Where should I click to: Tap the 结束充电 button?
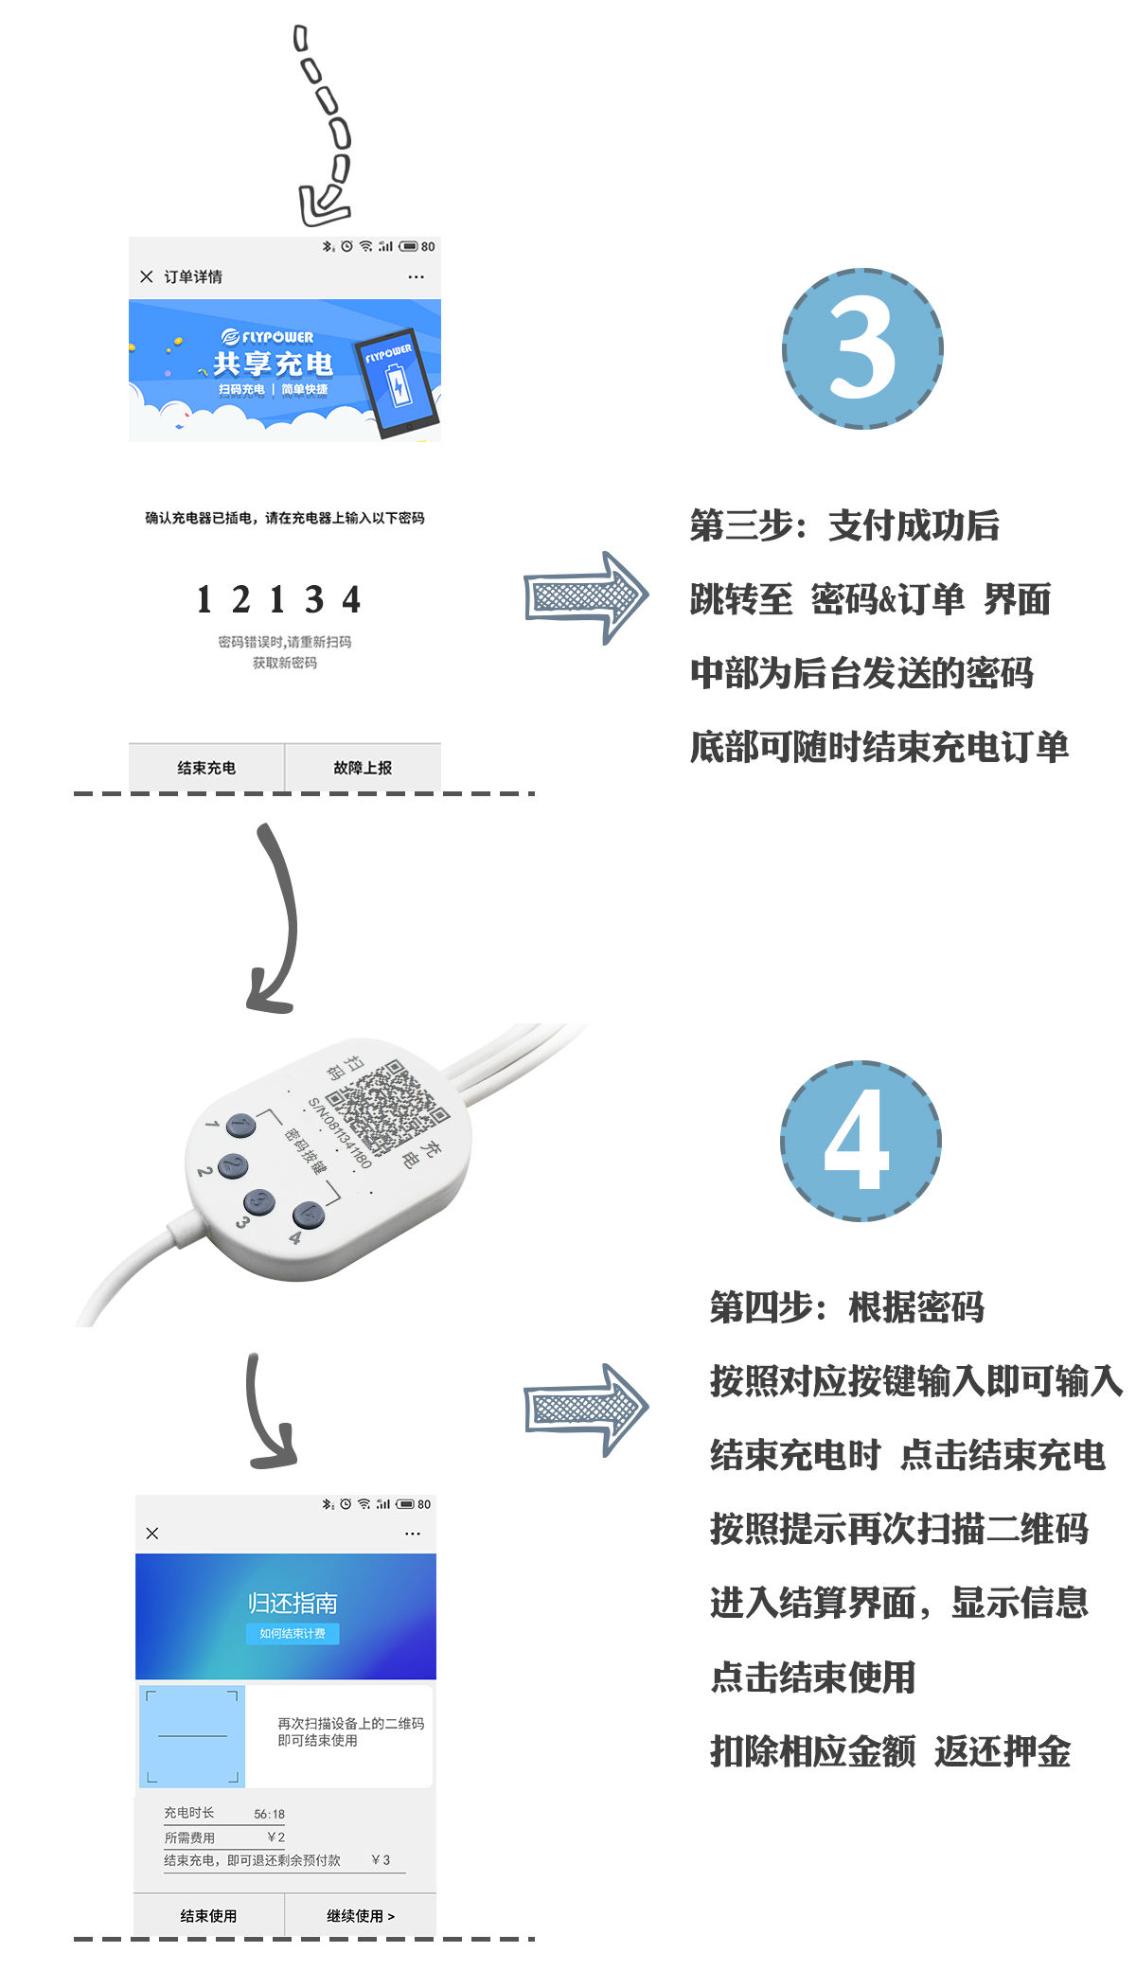click(x=206, y=768)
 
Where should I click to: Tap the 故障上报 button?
click(x=363, y=768)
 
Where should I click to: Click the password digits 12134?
click(x=278, y=599)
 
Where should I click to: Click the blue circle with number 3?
click(x=862, y=348)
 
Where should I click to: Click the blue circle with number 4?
click(x=861, y=1141)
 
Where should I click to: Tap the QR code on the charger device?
click(x=388, y=1108)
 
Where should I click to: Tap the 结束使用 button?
click(x=208, y=1915)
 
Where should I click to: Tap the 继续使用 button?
click(x=361, y=1915)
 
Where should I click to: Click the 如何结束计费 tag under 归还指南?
click(x=293, y=1633)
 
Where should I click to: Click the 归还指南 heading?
click(x=293, y=1603)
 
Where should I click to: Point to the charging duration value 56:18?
click(x=269, y=1814)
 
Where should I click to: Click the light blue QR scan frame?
click(x=192, y=1736)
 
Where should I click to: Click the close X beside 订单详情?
click(x=147, y=276)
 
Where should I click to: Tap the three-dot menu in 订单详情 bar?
click(x=416, y=276)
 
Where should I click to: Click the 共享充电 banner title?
click(x=273, y=364)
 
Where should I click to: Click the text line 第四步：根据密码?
click(x=847, y=1307)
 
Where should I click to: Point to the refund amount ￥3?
click(x=381, y=1859)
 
